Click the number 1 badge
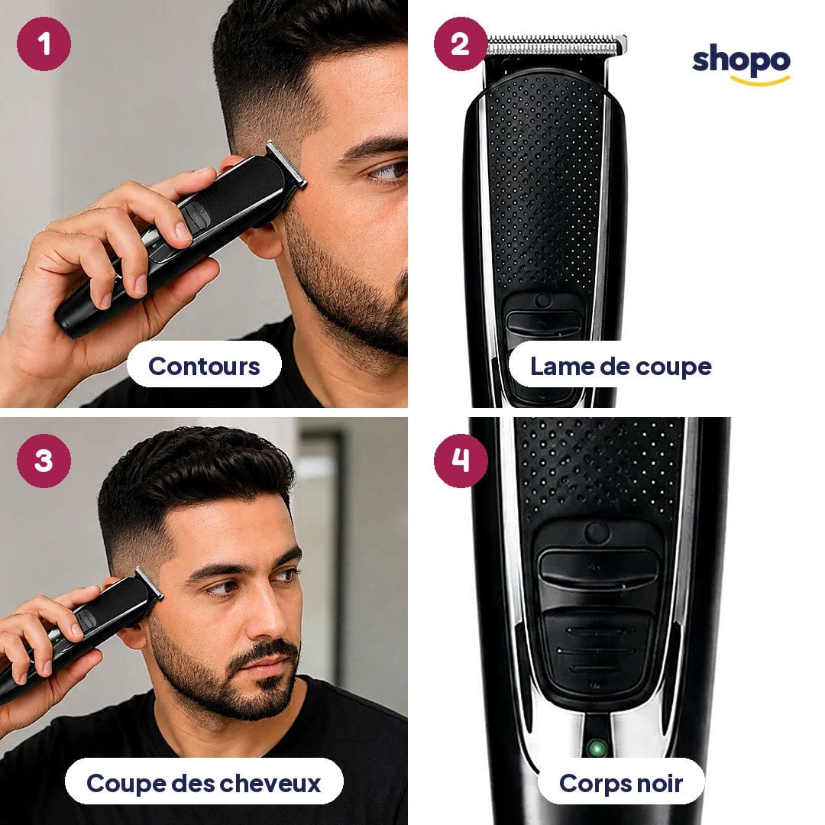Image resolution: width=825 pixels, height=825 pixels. [44, 44]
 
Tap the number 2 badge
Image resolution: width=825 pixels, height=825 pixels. [461, 44]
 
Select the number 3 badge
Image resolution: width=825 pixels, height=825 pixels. [44, 461]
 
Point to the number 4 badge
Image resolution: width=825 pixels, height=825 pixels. [461, 461]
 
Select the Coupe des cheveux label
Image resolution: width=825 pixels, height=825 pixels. [204, 782]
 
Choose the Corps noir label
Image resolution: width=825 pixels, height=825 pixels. [621, 782]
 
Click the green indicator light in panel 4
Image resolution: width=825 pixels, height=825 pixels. [597, 747]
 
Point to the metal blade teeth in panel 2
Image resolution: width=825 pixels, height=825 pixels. [556, 44]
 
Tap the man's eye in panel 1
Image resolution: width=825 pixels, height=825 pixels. [388, 172]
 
